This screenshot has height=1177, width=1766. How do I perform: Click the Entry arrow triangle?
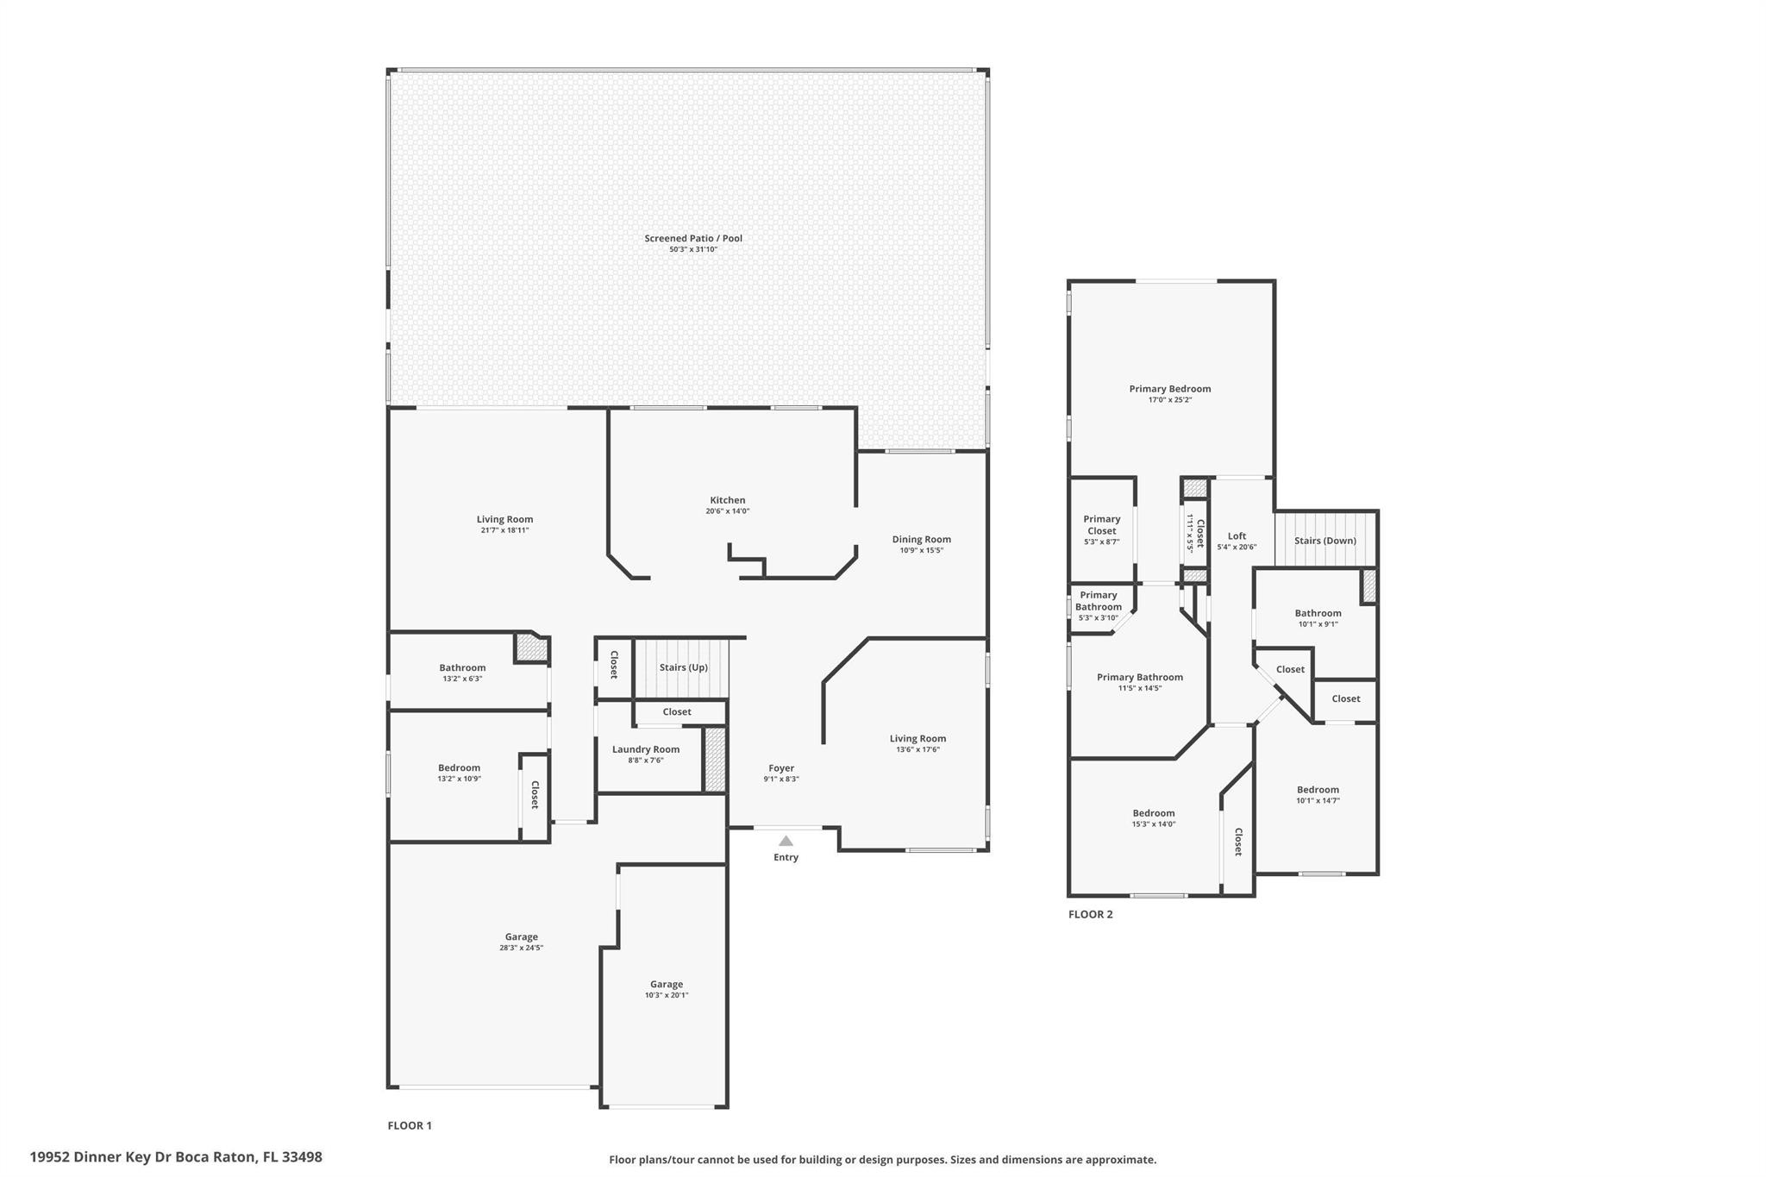(786, 841)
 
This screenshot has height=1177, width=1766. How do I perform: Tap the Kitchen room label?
(728, 500)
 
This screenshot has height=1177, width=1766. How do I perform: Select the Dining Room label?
(922, 540)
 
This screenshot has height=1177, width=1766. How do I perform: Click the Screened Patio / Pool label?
(693, 239)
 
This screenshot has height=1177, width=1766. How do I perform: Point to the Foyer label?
(781, 768)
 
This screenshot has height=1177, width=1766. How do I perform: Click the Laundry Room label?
(646, 749)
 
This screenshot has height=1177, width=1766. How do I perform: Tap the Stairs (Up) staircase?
(682, 668)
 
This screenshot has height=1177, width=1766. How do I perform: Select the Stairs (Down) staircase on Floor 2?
(1325, 539)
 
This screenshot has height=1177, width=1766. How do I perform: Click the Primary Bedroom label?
(1170, 389)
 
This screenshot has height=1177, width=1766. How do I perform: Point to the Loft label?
(1237, 536)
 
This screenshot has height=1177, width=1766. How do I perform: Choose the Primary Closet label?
(1102, 525)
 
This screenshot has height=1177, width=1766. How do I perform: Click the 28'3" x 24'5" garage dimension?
(521, 948)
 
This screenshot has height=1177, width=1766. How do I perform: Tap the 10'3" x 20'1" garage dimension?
(667, 995)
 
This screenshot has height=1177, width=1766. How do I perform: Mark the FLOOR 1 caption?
(410, 1125)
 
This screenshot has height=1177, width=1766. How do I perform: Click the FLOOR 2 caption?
(1091, 914)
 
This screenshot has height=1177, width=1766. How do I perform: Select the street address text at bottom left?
(176, 1156)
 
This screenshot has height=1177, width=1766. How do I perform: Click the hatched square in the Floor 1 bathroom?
(531, 648)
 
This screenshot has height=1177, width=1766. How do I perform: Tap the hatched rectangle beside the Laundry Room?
(715, 760)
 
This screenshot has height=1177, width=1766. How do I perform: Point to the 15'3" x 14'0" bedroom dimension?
(1154, 824)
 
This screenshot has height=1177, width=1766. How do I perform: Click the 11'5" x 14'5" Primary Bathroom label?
(1140, 682)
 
